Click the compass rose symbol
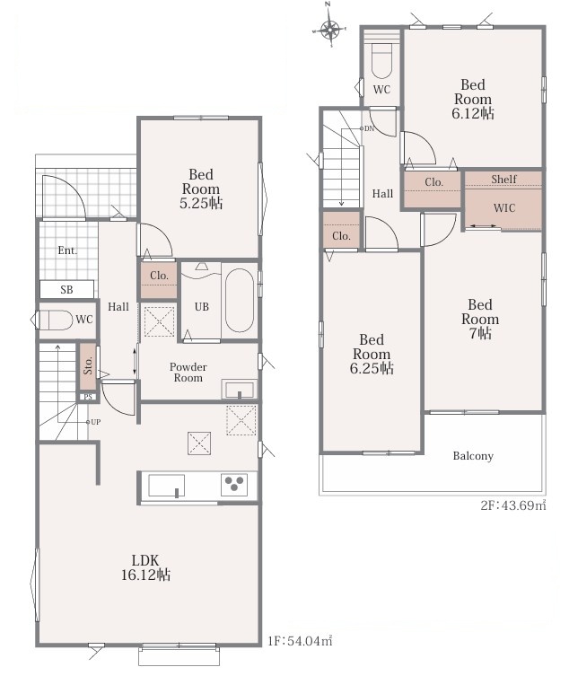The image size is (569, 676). [x=330, y=31]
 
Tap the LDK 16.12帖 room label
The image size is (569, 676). [x=145, y=567]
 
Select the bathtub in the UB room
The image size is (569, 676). [x=240, y=301]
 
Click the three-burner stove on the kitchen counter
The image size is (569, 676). [x=234, y=485]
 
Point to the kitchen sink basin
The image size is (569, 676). [x=166, y=486]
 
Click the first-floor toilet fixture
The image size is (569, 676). [x=56, y=320]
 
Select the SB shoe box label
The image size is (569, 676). [x=66, y=290]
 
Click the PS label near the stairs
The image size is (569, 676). [x=88, y=397]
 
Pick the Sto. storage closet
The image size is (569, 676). [x=88, y=366]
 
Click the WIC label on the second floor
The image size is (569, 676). [x=503, y=207]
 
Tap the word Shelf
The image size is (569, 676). [x=503, y=179]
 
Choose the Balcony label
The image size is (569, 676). [x=473, y=456]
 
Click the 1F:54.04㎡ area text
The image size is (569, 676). [x=300, y=641]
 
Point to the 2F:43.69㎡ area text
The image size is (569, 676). [x=513, y=505]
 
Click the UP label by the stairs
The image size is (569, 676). [x=95, y=422]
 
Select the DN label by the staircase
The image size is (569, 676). [x=369, y=128]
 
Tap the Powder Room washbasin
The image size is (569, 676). [x=240, y=389]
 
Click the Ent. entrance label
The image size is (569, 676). [x=67, y=250]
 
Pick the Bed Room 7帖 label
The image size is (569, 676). [x=480, y=319]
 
